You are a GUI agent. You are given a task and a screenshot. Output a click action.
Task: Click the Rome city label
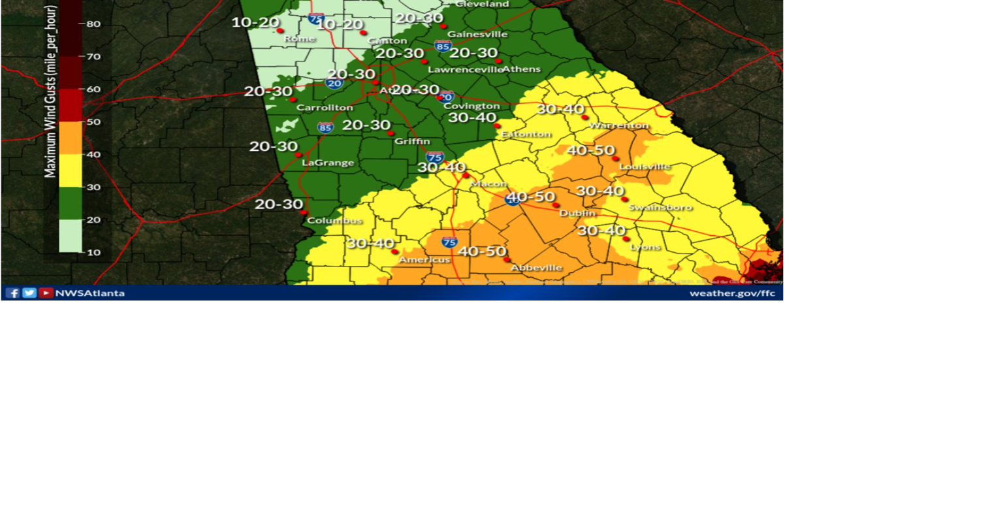point(299,39)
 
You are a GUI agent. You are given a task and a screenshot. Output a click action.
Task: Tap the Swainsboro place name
point(660,208)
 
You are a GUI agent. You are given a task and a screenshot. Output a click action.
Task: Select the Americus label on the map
point(424,260)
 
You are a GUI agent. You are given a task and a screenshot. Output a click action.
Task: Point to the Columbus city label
point(334,221)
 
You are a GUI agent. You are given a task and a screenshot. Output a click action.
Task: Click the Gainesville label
point(477,34)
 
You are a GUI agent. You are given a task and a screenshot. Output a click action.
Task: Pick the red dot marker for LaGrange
point(298,155)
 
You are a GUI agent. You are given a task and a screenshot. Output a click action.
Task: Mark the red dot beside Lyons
point(626,239)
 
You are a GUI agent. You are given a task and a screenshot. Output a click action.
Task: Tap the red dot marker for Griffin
point(391,133)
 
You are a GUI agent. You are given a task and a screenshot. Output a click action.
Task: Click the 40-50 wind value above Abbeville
point(482,251)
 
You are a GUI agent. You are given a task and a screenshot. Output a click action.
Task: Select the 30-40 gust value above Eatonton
point(472,118)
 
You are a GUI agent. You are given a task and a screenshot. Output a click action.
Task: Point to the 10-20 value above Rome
point(255,22)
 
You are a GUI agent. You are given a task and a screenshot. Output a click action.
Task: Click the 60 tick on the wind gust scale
point(93,89)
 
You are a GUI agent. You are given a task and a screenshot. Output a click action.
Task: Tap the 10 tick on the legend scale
point(93,252)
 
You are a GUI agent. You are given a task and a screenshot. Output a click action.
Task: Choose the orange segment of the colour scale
point(71,138)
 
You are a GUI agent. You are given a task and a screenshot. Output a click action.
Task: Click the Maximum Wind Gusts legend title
point(50,91)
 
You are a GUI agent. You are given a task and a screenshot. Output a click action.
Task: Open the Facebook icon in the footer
point(12,293)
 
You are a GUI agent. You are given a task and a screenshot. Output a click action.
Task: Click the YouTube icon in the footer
point(46,293)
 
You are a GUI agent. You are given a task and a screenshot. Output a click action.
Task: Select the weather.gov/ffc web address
point(732,293)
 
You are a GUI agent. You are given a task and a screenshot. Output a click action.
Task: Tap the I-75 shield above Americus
point(449,242)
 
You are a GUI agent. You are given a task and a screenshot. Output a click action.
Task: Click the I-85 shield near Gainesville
point(443,46)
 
